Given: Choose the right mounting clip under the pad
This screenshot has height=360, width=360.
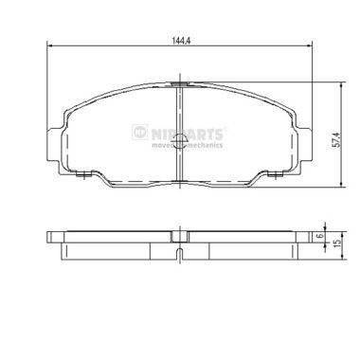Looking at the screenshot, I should [x=272, y=174].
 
